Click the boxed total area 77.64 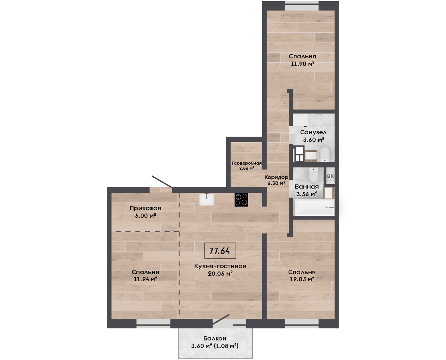[x=220, y=251]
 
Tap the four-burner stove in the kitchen [x=241, y=200]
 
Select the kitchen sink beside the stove [x=207, y=199]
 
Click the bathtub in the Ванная [x=314, y=207]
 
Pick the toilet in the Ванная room [x=313, y=174]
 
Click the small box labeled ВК [x=330, y=176]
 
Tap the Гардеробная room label [x=247, y=163]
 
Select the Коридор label [x=276, y=177]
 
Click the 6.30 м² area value [x=276, y=183]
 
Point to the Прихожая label [x=145, y=208]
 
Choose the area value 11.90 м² [x=303, y=64]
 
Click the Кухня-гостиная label [x=220, y=266]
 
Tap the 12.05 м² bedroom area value [x=302, y=279]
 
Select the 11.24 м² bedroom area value [x=145, y=279]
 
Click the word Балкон [x=215, y=338]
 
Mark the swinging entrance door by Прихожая [x=162, y=182]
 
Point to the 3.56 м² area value [x=307, y=194]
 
